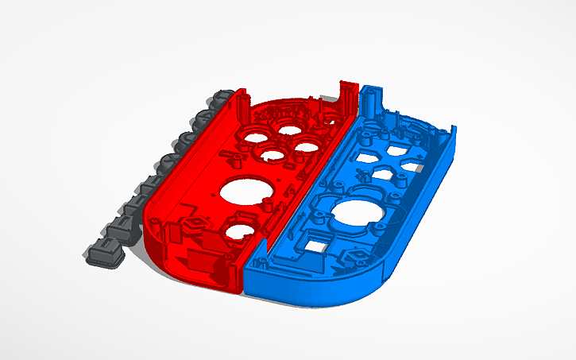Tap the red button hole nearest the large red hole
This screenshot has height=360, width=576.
(x=273, y=156)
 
